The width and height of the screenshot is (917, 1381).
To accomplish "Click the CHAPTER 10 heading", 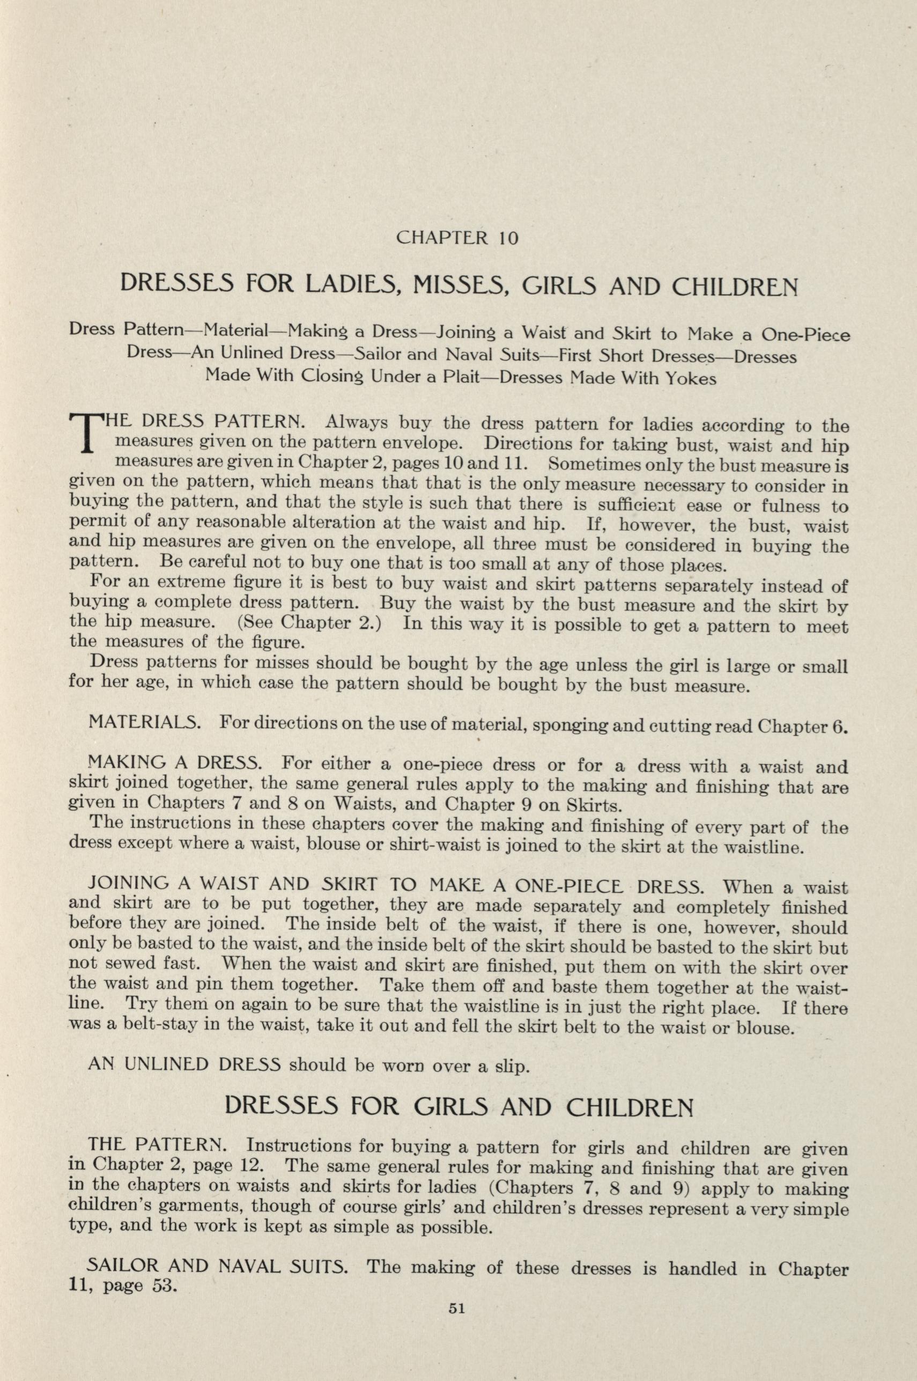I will (457, 238).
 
